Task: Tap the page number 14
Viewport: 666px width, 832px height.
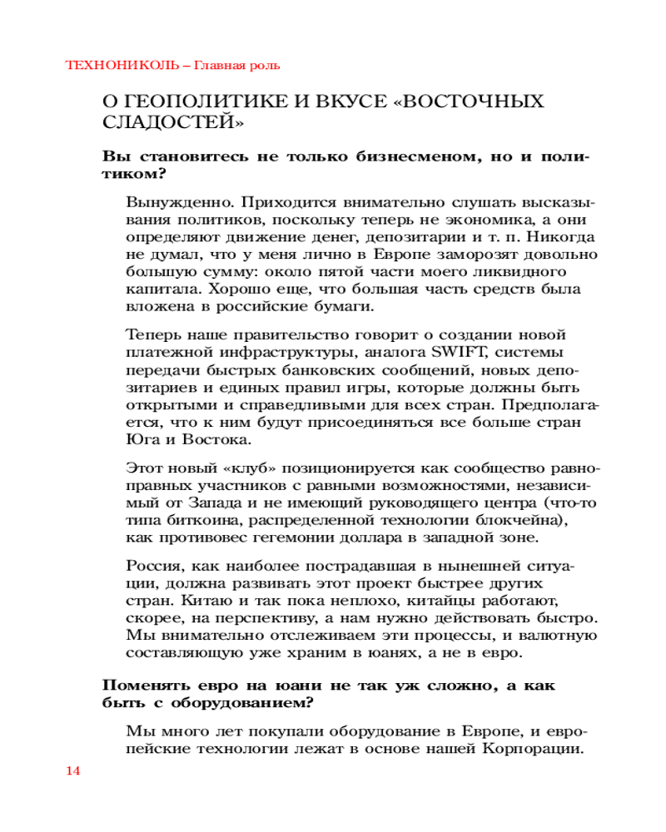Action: pos(72,770)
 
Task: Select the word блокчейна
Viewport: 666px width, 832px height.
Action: pos(519,521)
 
